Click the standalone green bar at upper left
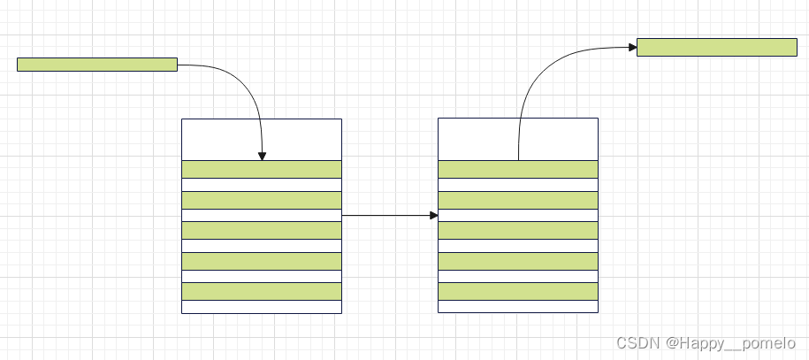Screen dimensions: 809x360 [97, 65]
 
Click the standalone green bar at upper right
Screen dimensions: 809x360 [716, 47]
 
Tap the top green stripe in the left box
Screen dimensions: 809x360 [262, 169]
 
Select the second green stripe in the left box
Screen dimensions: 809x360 [262, 200]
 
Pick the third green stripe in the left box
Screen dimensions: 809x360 [262, 230]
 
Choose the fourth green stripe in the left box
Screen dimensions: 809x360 [262, 261]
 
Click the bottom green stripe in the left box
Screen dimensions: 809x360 [262, 291]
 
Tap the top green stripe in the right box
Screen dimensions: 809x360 [518, 169]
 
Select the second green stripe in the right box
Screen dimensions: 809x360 [518, 200]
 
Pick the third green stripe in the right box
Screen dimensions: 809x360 [518, 230]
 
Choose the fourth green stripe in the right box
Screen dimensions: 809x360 [518, 261]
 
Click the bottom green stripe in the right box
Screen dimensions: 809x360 [518, 291]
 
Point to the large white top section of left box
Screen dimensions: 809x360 [262, 139]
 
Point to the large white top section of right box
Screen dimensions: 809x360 [518, 139]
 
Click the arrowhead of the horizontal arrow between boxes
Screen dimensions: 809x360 [433, 215]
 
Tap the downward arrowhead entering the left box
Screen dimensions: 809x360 [263, 156]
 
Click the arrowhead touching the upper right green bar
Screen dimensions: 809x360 [631, 46]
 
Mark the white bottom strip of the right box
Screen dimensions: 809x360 [518, 306]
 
